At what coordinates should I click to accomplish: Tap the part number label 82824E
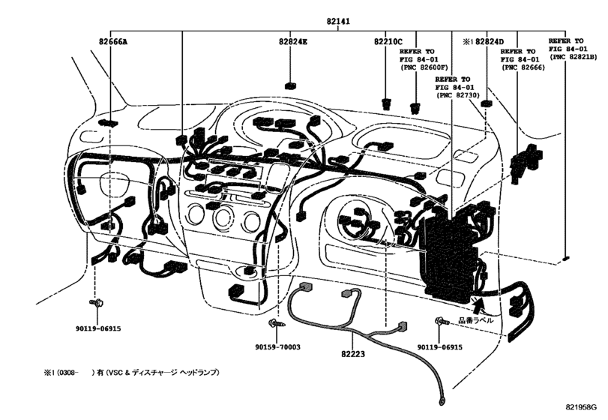pos(292,42)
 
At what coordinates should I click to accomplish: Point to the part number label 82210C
pos(388,42)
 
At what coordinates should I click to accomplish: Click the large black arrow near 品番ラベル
pos(478,304)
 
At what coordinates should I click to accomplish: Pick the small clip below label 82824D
pos(486,103)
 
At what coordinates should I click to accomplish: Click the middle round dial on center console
pos(223,219)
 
